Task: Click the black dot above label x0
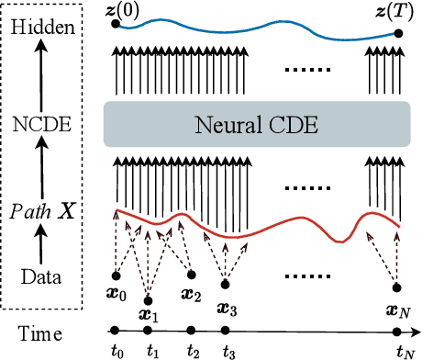point(115,275)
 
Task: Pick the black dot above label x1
point(149,299)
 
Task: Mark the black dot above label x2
point(191,275)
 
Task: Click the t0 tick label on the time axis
point(116,349)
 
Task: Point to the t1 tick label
point(153,350)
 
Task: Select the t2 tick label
point(192,350)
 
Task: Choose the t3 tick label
point(228,351)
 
